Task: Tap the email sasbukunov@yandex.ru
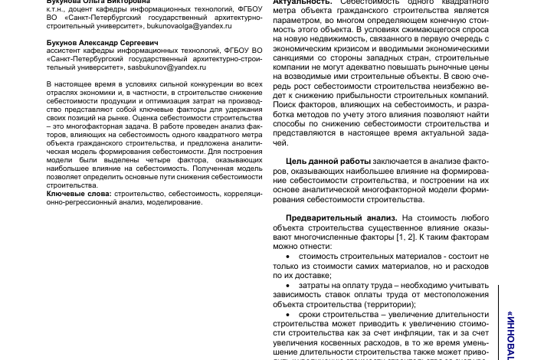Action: pos(166,67)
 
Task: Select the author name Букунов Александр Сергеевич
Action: pos(103,42)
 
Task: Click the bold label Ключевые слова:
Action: pos(78,194)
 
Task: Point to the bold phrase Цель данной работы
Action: pos(328,162)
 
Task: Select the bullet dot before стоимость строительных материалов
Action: pos(288,257)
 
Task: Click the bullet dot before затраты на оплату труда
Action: pos(288,286)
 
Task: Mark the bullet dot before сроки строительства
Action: pos(288,315)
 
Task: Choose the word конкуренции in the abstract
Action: pos(216,84)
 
